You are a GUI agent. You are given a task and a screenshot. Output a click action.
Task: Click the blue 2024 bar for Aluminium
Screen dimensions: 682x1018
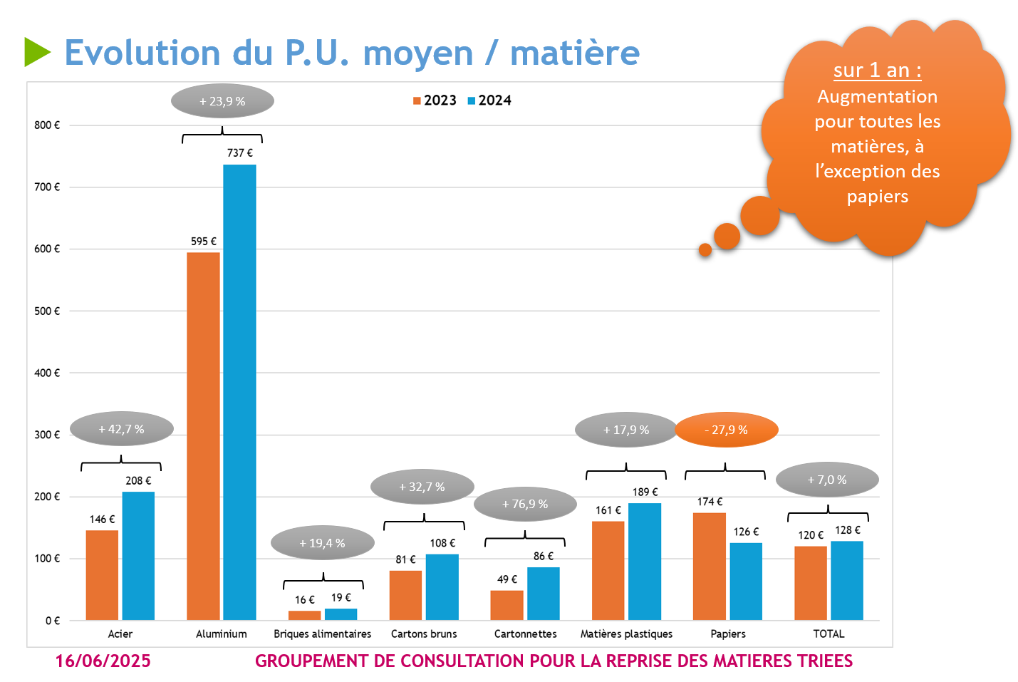(x=239, y=392)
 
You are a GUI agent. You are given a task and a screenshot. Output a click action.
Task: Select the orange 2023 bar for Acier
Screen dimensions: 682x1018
(x=102, y=575)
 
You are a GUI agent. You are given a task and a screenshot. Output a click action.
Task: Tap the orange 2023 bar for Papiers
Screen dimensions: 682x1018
(x=710, y=566)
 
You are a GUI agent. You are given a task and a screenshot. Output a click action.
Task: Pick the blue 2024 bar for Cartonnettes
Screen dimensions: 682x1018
(x=544, y=594)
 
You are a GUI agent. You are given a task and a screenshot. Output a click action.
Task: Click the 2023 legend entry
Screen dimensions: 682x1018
(x=435, y=100)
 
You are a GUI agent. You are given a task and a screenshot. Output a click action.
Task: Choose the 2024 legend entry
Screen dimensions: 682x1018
(x=489, y=100)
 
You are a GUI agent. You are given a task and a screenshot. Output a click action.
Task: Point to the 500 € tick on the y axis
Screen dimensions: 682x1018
(x=47, y=311)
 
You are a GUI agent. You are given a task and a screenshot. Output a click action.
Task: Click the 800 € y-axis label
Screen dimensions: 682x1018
(x=47, y=125)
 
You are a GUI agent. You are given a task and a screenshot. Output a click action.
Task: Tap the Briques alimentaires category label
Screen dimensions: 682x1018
(x=322, y=634)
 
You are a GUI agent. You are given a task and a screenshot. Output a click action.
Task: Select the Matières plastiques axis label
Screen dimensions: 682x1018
(x=626, y=634)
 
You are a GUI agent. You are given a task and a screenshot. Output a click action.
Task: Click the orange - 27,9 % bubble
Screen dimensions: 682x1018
(x=726, y=430)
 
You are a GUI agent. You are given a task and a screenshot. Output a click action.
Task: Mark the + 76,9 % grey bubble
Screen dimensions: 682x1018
(x=525, y=504)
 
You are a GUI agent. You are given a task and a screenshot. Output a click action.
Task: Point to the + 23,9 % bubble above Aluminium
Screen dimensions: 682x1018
(x=222, y=101)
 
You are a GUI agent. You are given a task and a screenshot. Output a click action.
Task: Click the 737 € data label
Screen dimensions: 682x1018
(x=239, y=153)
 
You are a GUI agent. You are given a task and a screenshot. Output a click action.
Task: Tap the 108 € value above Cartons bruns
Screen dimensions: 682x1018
(x=442, y=543)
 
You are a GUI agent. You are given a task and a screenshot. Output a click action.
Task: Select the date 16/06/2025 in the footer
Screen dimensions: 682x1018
(x=103, y=661)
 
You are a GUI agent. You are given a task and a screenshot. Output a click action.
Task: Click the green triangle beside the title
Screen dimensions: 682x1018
(x=36, y=52)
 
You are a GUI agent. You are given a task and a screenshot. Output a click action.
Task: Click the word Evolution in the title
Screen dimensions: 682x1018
(x=142, y=53)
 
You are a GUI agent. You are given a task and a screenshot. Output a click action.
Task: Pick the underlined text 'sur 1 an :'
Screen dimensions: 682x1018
(x=877, y=71)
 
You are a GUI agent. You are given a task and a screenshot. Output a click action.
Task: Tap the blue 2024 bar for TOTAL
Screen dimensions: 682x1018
(x=847, y=580)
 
